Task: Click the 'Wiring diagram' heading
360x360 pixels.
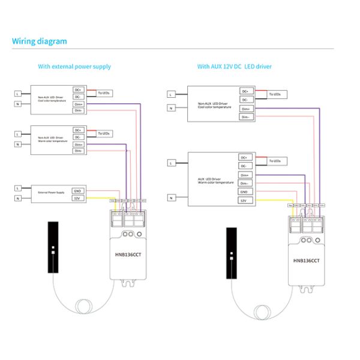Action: click(x=40, y=41)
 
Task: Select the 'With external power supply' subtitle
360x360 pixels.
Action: click(x=74, y=67)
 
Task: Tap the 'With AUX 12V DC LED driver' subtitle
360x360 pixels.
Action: click(x=234, y=67)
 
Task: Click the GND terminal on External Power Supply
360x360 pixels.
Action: click(x=77, y=190)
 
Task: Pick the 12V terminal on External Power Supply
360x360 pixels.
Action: click(x=77, y=198)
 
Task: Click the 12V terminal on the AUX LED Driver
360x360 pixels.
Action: click(x=244, y=201)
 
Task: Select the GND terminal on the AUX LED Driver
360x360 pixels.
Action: click(x=244, y=192)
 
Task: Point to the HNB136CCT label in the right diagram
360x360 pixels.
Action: click(x=307, y=261)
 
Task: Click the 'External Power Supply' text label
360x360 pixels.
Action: click(x=52, y=193)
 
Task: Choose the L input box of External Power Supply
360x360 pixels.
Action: click(x=19, y=188)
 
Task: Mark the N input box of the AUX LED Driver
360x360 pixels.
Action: click(x=172, y=197)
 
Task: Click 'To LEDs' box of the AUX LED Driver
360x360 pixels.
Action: click(x=277, y=161)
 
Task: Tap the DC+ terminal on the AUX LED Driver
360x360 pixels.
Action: click(x=244, y=157)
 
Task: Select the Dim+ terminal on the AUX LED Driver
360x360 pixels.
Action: click(x=244, y=175)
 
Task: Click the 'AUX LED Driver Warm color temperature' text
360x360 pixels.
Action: click(x=209, y=179)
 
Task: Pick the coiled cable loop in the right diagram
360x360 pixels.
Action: click(x=262, y=312)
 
